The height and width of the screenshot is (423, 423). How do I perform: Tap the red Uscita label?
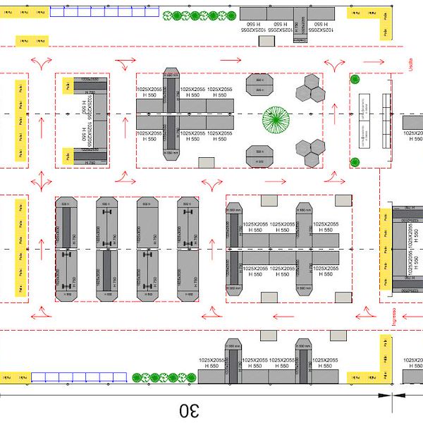[x=411, y=67]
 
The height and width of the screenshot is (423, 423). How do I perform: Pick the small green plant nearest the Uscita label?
[x=355, y=78]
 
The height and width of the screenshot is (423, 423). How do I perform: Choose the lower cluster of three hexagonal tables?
[x=309, y=149]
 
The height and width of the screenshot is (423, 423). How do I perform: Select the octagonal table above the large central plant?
[x=259, y=85]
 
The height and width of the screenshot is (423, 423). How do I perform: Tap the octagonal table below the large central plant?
[x=259, y=155]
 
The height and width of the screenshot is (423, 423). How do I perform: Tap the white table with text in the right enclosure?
[x=365, y=121]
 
